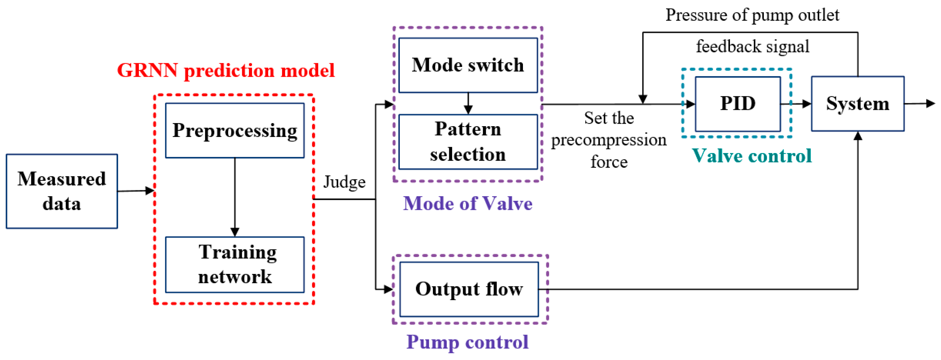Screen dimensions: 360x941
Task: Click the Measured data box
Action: [62, 191]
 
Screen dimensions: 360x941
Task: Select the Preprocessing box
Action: [234, 130]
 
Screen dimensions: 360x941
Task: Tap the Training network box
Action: [234, 264]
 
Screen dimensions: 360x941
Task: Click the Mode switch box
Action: [468, 65]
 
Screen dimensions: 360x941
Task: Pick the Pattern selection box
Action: [468, 142]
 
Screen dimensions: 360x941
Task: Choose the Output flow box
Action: [469, 289]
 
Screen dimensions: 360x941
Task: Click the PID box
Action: [738, 104]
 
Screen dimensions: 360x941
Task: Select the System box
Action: [857, 104]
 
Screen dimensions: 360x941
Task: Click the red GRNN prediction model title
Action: [226, 70]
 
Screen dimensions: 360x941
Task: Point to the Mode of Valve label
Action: [468, 203]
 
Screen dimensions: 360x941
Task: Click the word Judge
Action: [344, 182]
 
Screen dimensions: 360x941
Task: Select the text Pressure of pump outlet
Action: [752, 15]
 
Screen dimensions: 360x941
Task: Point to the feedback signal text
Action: [752, 47]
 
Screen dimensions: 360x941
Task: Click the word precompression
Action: [609, 140]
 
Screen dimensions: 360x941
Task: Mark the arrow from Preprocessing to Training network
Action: [235, 197]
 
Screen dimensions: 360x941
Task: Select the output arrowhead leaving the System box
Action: [930, 104]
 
